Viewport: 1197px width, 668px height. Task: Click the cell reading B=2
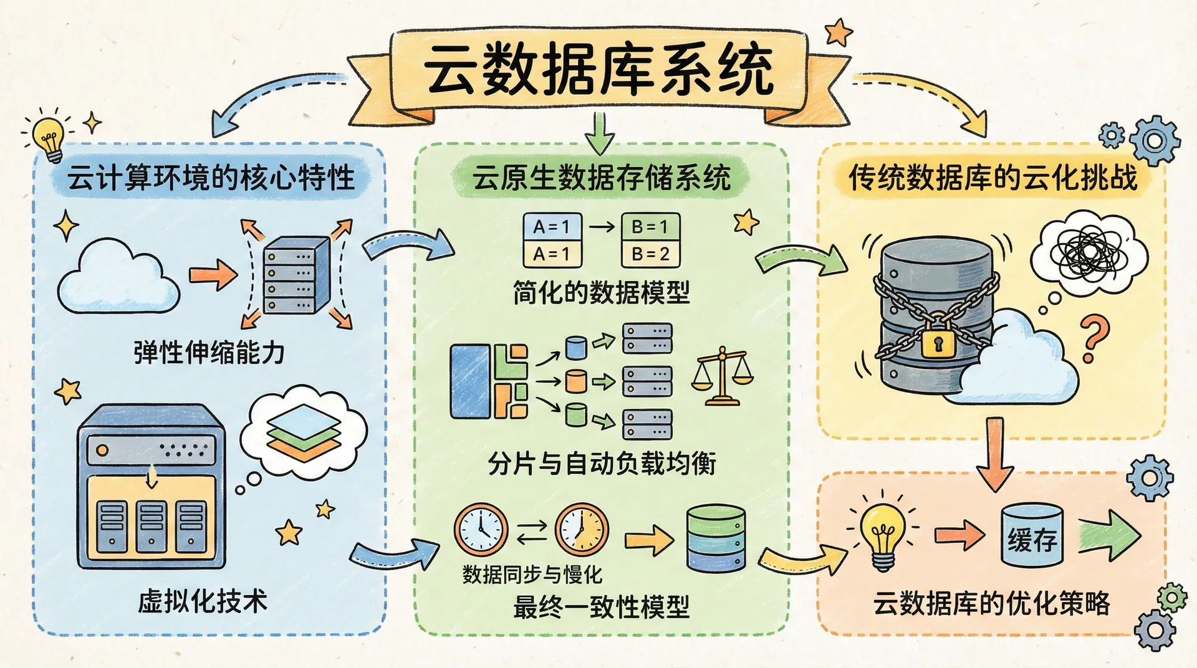(650, 254)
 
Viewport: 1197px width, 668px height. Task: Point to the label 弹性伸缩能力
(209, 353)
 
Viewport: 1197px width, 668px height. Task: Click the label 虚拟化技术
(203, 602)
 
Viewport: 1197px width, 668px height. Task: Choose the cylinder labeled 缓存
(1032, 536)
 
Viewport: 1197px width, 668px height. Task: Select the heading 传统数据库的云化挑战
(993, 178)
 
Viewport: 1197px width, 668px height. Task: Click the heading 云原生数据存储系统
(601, 178)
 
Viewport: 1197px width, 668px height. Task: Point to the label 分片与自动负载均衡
(602, 464)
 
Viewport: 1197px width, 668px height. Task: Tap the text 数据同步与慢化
(532, 575)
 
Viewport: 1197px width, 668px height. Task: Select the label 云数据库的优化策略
(991, 603)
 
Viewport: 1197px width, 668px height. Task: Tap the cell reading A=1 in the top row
(552, 227)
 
